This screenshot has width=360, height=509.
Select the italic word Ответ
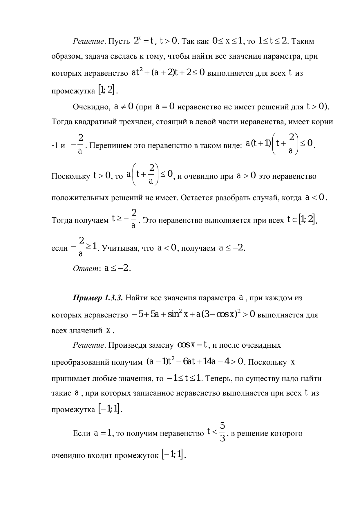pos(86,268)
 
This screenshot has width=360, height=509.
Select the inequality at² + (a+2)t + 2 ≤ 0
pos(168,73)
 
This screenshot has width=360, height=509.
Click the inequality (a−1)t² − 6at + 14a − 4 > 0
pos(195,362)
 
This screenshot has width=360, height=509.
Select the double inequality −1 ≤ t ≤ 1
pos(184,378)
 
